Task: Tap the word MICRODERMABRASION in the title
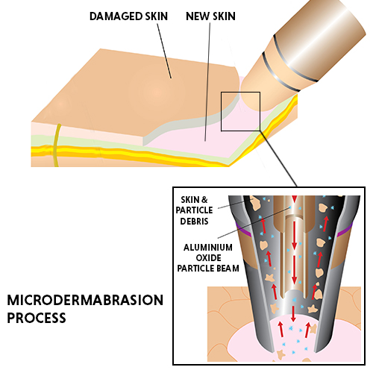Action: point(85,300)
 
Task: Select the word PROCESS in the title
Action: point(37,318)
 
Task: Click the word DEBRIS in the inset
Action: point(194,221)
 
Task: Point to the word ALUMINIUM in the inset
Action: point(208,248)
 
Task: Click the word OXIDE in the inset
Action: point(208,258)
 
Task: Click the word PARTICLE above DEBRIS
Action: point(194,210)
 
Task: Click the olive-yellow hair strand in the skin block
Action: point(57,145)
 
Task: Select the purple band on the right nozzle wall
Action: point(345,230)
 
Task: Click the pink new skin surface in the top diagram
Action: point(199,140)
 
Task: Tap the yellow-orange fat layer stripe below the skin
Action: point(129,153)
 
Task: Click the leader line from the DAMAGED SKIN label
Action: point(164,51)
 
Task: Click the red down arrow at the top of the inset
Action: point(295,199)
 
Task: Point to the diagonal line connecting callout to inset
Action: point(278,158)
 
